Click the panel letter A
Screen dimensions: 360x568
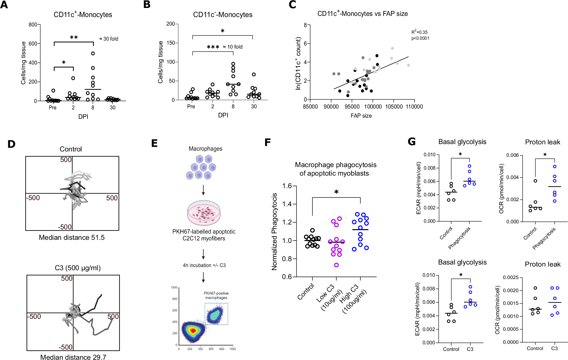4,5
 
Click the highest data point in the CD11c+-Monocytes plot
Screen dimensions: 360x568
93,53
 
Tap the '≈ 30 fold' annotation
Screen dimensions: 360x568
109,39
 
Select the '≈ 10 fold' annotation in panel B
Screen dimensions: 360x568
233,47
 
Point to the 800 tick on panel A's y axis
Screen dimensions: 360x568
33,25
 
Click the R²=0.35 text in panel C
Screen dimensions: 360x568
419,32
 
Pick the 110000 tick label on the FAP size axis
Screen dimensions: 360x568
414,107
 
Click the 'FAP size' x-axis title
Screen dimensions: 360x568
361,116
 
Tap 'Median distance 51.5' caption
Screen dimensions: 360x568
72,238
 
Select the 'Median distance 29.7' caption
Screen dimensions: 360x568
73,357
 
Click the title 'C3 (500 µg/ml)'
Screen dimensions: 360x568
78,268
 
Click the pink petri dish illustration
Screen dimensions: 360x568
204,213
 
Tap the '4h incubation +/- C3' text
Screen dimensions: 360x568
204,265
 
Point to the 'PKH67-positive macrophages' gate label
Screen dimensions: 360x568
216,296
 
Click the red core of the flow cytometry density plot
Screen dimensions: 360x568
193,330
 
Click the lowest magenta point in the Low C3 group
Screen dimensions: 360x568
336,265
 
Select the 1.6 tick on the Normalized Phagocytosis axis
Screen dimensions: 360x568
287,186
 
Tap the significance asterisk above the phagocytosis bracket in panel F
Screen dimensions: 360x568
336,192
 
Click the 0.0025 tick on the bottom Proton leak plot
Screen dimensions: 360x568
511,277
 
